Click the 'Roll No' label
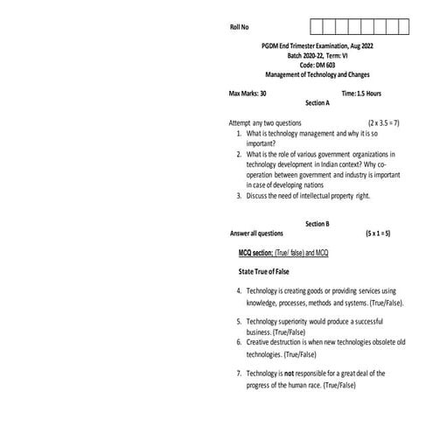239,28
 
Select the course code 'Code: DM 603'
318,65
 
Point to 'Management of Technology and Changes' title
318,74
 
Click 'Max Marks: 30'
248,93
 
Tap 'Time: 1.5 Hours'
361,93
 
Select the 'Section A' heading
317,102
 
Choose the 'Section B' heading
317,224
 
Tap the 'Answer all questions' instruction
256,234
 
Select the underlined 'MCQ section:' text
256,252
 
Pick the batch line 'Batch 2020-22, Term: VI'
318,55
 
